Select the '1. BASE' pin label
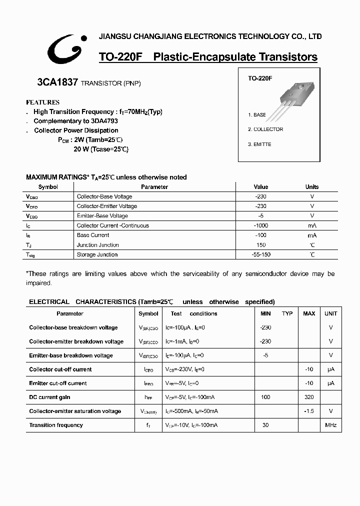click(x=257, y=115)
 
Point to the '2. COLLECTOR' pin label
click(x=265, y=129)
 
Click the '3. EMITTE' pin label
click(x=260, y=144)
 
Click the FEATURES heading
click(x=42, y=102)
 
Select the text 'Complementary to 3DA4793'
click(x=75, y=121)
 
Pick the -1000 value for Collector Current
click(x=260, y=225)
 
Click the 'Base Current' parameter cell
click(x=93, y=235)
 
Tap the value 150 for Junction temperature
click(x=261, y=245)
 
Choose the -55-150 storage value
click(x=261, y=254)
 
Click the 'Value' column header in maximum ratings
click(x=261, y=187)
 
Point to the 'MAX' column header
click(x=309, y=313)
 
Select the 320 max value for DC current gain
click(x=309, y=397)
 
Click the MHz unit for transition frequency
click(x=330, y=425)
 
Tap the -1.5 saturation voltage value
click(x=309, y=411)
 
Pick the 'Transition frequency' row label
click(x=56, y=425)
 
